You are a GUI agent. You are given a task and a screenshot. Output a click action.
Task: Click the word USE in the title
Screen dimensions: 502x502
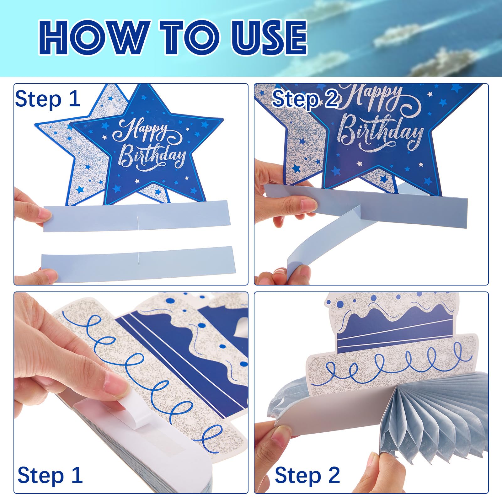269,37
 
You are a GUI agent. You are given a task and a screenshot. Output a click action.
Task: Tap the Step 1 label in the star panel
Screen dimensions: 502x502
48,99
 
